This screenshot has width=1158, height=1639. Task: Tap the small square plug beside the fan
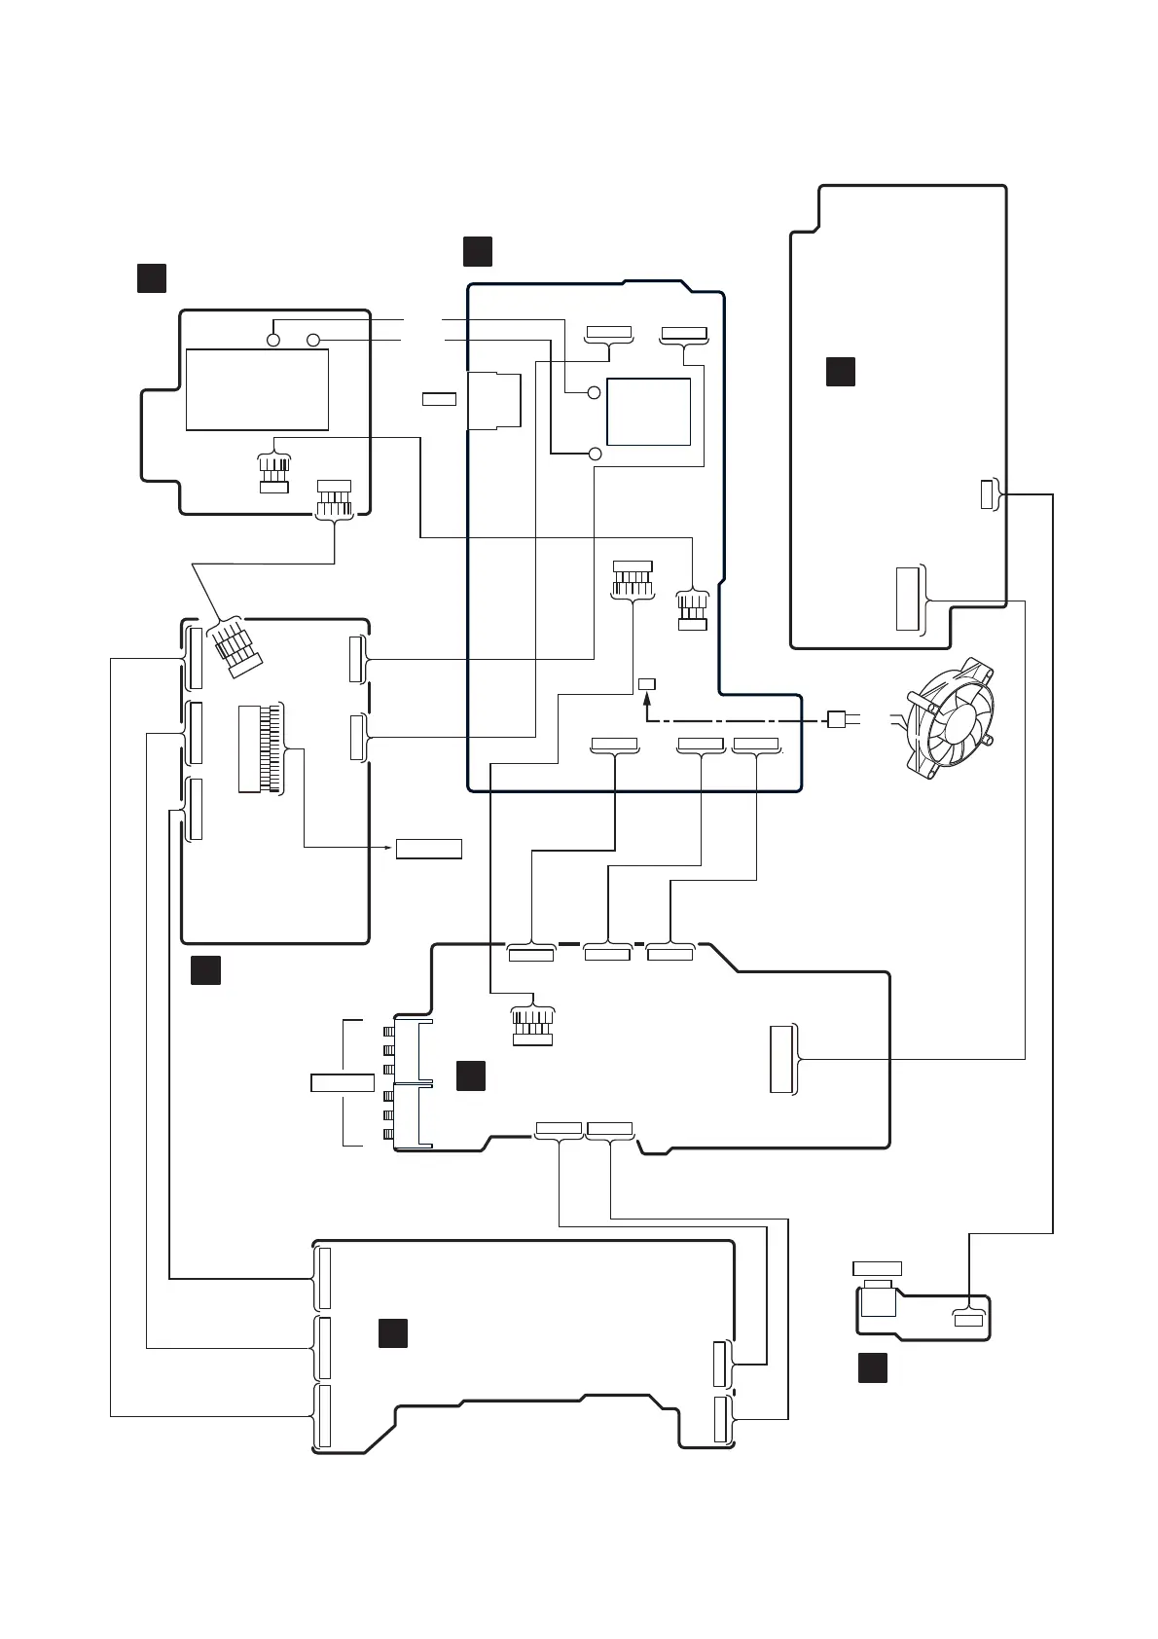[x=834, y=720]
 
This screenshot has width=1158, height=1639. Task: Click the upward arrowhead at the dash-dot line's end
[x=647, y=699]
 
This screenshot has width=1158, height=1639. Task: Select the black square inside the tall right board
[x=841, y=372]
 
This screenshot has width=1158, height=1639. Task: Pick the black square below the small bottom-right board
[x=872, y=1366]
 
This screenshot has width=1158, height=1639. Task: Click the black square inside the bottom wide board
[x=392, y=1333]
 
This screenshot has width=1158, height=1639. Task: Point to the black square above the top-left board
[x=151, y=277]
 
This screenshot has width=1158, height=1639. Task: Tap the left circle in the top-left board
[x=273, y=340]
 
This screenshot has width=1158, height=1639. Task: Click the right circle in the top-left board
[x=312, y=340]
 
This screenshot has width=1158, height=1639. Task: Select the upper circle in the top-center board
[x=594, y=393]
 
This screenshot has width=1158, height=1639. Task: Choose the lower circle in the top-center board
[x=596, y=454]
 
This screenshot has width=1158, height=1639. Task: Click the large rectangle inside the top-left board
[x=257, y=389]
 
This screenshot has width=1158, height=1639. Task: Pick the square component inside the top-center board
[x=648, y=412]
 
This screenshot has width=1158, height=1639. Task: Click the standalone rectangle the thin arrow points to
[x=428, y=848]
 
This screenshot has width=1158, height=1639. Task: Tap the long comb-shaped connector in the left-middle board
[x=261, y=748]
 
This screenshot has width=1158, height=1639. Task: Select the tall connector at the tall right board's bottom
[x=907, y=598]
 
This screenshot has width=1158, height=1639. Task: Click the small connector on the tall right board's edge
[x=987, y=493]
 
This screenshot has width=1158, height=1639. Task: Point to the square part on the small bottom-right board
[x=878, y=1300]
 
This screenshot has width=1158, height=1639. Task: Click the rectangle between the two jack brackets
[x=342, y=1082]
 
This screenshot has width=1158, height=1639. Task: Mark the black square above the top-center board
[x=477, y=250]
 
